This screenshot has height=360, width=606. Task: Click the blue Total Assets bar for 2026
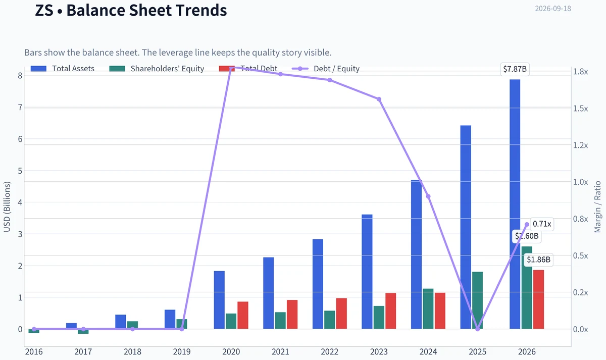click(515, 204)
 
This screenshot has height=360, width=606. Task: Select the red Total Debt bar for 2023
click(391, 311)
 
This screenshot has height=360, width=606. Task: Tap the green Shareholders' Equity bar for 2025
click(478, 300)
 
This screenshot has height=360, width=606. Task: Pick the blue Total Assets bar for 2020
click(219, 300)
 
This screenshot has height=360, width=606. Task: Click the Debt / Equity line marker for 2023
click(379, 99)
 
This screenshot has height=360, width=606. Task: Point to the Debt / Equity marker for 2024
click(428, 196)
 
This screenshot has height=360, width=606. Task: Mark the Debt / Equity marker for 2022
click(330, 80)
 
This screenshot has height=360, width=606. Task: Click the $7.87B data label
click(515, 69)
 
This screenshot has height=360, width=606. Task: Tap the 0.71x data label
click(542, 224)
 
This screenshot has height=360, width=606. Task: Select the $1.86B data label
click(538, 260)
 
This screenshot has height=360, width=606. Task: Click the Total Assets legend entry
click(63, 69)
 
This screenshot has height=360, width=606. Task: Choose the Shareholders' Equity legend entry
click(157, 69)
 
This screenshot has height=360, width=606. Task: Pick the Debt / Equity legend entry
click(326, 69)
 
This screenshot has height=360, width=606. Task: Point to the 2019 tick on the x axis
click(182, 351)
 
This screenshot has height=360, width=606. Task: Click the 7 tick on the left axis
click(20, 108)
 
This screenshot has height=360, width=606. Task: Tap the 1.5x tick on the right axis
click(581, 109)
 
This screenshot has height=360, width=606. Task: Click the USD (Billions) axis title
click(7, 207)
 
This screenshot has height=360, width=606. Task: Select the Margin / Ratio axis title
click(597, 207)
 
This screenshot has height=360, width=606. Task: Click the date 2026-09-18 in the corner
click(553, 9)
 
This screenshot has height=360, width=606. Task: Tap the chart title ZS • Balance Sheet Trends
click(131, 10)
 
